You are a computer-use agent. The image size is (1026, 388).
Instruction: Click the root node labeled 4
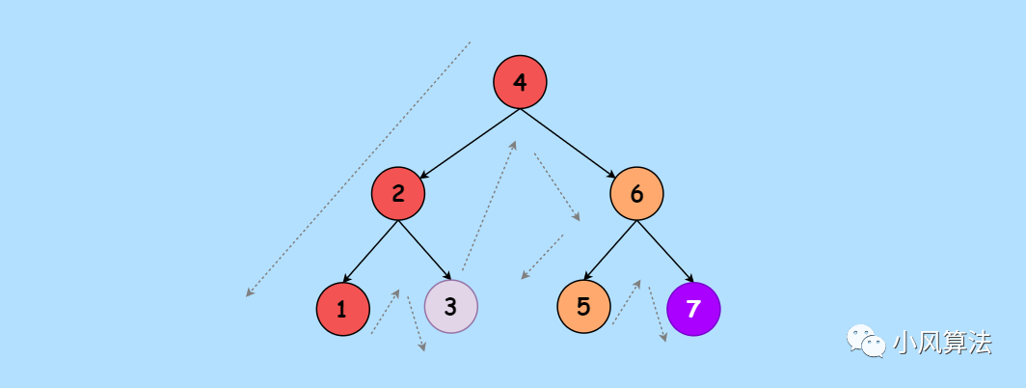pos(520,82)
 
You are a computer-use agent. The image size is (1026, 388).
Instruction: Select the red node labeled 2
pos(398,193)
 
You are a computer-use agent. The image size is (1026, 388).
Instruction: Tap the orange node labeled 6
pos(636,193)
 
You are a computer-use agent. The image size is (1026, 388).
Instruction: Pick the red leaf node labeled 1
pos(342,309)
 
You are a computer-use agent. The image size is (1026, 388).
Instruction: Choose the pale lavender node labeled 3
pos(450,308)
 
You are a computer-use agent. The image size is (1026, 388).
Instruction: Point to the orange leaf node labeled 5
pos(583,307)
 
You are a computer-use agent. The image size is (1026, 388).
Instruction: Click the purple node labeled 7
pos(693,309)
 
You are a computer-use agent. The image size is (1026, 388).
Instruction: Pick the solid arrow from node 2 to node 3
pos(424,251)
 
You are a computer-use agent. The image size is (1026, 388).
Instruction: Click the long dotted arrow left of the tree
pos(358,169)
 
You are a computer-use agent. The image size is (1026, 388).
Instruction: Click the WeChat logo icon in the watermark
pos(866,341)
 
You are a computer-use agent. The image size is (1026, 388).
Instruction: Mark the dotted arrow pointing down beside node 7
pos(657,313)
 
